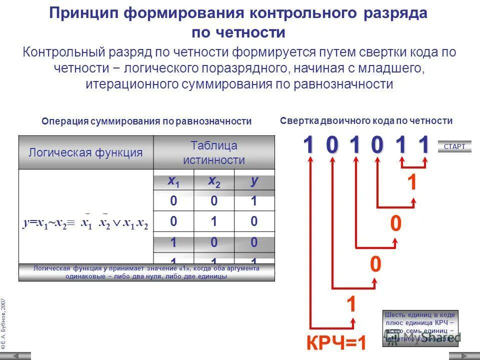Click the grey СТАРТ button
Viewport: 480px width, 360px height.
pyautogui.click(x=454, y=146)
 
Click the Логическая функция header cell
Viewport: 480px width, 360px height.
pyautogui.click(x=85, y=152)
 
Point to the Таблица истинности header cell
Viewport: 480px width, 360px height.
pyautogui.click(x=213, y=152)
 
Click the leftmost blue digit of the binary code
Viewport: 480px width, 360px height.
pyautogui.click(x=309, y=145)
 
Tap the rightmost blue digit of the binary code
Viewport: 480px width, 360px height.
pyautogui.click(x=424, y=145)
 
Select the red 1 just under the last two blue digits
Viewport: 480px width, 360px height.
pyautogui.click(x=412, y=183)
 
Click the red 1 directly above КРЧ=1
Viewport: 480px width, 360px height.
pyautogui.click(x=351, y=304)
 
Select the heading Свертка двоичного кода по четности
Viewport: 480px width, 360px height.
pyautogui.click(x=366, y=120)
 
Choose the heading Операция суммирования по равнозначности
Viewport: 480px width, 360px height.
pyautogui.click(x=146, y=121)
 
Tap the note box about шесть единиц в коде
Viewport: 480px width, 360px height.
pyautogui.click(x=420, y=326)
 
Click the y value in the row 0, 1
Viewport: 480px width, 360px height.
pyautogui.click(x=254, y=221)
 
